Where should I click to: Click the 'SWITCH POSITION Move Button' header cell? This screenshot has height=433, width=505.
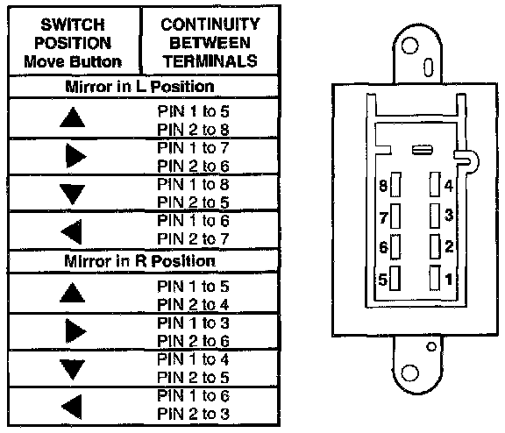(x=73, y=43)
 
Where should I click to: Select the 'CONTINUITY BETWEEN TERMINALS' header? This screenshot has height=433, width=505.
(x=210, y=42)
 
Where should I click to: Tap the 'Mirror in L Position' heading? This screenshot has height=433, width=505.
(x=139, y=86)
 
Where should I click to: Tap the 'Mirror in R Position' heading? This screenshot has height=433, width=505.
(x=139, y=261)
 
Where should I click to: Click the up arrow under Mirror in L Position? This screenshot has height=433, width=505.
(x=73, y=117)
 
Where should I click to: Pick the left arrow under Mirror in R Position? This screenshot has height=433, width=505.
(x=72, y=407)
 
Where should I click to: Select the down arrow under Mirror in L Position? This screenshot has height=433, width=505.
(x=73, y=194)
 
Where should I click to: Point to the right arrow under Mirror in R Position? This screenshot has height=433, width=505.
(x=75, y=331)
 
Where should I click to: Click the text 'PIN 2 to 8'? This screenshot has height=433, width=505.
(x=193, y=130)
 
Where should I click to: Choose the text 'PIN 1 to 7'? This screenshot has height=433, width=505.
(x=193, y=148)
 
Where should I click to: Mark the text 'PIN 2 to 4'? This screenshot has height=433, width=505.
(x=193, y=304)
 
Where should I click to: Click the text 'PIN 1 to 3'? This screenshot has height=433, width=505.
(x=193, y=323)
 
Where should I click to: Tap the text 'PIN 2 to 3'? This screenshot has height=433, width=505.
(x=193, y=414)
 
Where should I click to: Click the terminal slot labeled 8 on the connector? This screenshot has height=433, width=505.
(x=395, y=185)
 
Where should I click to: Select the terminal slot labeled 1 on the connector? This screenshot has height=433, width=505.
(x=435, y=278)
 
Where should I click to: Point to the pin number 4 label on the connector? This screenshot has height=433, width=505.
(x=449, y=186)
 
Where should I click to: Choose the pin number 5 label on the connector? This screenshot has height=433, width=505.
(x=382, y=280)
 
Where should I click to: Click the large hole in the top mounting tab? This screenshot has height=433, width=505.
(x=410, y=46)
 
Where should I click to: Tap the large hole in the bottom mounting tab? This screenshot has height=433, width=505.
(x=410, y=373)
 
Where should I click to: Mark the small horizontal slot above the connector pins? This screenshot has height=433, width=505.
(x=423, y=150)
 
